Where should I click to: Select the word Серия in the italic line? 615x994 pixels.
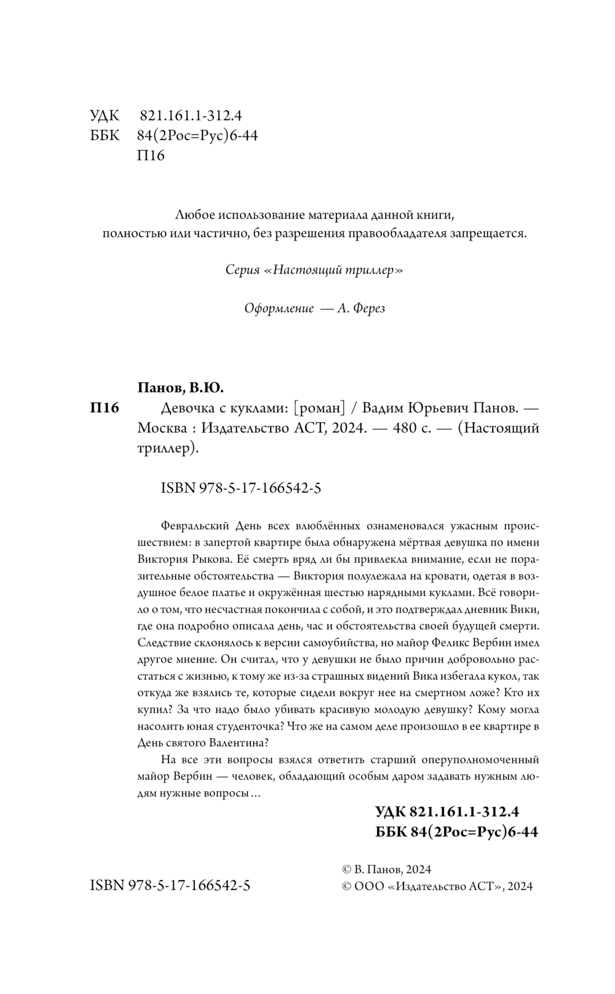tap(242, 270)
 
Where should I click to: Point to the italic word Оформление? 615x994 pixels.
tap(279, 308)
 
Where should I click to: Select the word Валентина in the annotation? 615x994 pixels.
tap(238, 742)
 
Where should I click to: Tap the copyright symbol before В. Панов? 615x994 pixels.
tap(346, 870)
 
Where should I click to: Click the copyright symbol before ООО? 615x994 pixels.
tap(346, 886)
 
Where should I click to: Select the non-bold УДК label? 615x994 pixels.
tap(105, 116)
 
